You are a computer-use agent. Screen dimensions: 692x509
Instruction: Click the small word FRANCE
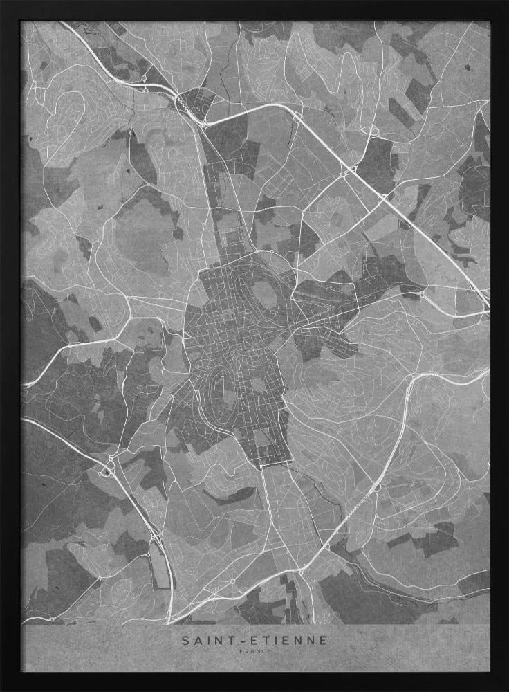pos(255,652)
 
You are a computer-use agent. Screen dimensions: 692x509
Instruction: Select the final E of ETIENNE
pos(325,641)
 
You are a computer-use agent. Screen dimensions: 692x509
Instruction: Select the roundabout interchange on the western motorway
pos(107,471)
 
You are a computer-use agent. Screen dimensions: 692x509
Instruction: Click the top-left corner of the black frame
pos(2,2)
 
